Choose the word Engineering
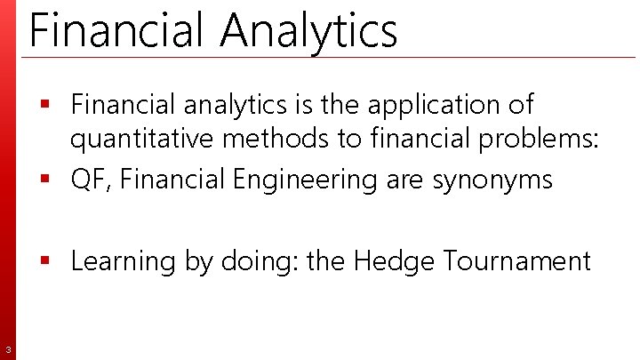[307, 180]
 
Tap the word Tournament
[516, 261]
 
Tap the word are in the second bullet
[406, 180]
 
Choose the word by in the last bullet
[200, 261]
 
